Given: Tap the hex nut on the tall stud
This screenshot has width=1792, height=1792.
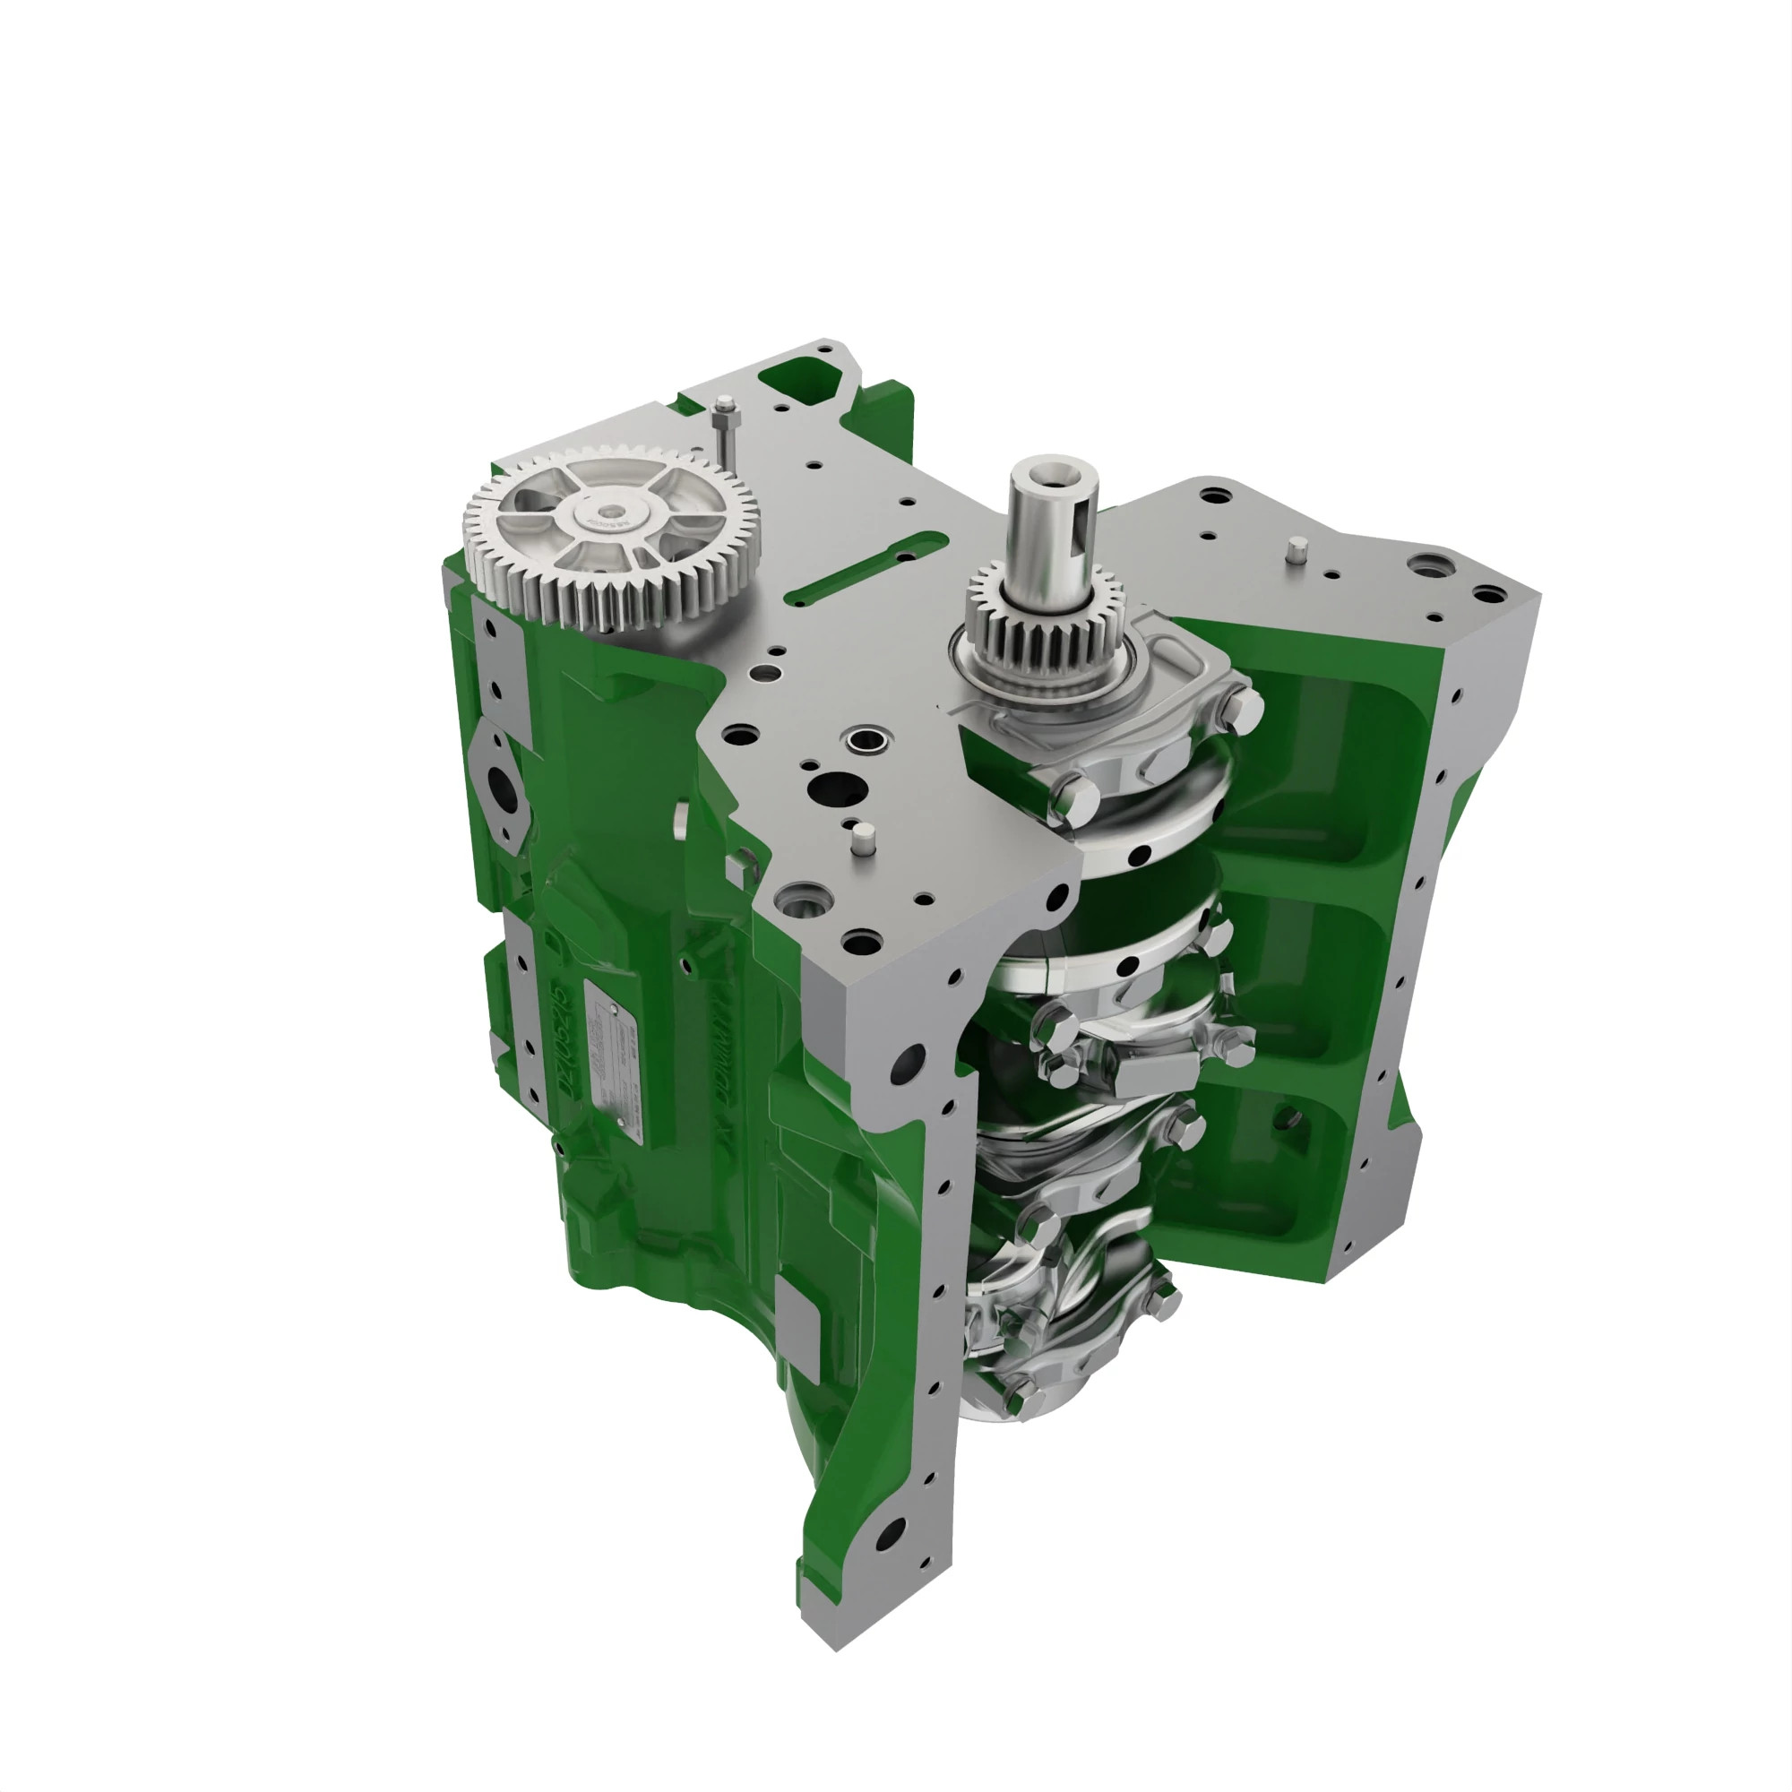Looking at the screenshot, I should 724,404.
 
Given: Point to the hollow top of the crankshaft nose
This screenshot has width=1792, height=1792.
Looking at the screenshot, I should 1053,466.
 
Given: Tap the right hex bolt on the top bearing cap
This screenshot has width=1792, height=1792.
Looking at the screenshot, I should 1241,709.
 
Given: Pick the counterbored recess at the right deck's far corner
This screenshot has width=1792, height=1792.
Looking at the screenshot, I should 1425,563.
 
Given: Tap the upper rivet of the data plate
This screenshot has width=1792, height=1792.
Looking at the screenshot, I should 613,1007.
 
